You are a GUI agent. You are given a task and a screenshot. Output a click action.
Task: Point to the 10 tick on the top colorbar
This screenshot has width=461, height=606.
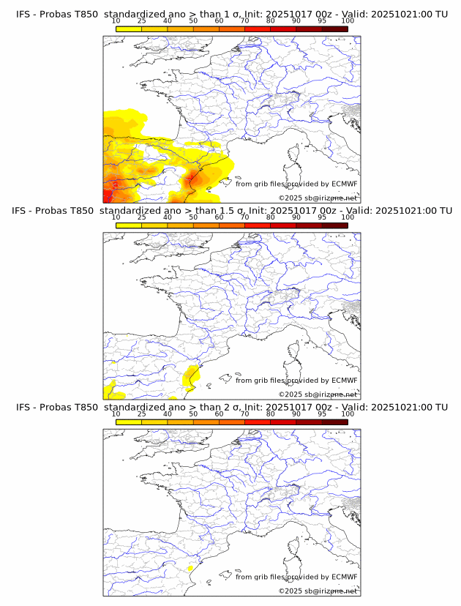(x=116, y=22)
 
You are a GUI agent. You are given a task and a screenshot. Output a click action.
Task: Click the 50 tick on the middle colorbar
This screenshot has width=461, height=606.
(x=193, y=217)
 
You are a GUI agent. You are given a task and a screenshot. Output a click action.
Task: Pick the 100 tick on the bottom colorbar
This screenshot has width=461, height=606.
(x=348, y=414)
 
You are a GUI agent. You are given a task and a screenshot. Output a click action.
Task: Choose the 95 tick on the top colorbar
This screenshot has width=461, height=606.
(x=322, y=22)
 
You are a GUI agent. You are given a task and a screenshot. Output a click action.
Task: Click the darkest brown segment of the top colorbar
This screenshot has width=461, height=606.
(x=334, y=29)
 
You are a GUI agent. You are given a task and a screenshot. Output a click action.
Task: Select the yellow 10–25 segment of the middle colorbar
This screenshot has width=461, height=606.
(x=129, y=225)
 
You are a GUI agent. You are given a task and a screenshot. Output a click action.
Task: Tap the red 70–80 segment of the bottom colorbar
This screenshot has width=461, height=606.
(x=257, y=422)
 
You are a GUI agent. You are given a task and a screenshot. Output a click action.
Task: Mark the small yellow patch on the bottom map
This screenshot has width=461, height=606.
(x=190, y=568)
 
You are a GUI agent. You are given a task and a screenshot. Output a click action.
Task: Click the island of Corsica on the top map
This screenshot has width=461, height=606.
(x=296, y=154)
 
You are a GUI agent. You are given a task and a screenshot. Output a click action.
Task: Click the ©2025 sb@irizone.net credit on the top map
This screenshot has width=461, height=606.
(x=318, y=198)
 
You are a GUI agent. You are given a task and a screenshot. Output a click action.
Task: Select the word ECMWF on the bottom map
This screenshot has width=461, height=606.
(x=343, y=577)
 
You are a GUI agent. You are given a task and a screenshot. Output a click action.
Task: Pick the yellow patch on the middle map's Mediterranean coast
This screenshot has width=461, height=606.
(x=191, y=375)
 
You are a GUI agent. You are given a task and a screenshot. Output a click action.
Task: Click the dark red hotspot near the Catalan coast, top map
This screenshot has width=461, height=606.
(x=193, y=177)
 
